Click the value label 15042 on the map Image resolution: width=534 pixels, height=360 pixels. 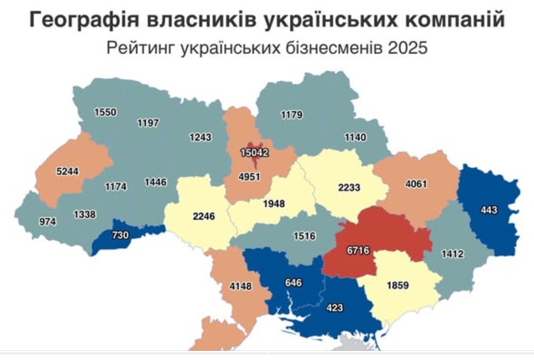pyautogui.click(x=255, y=152)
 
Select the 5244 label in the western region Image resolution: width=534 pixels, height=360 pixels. pyautogui.click(x=66, y=172)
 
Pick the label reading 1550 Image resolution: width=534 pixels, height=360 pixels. pyautogui.click(x=105, y=112)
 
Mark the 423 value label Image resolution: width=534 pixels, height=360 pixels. pyautogui.click(x=335, y=308)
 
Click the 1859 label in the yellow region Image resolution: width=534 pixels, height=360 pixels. pyautogui.click(x=397, y=286)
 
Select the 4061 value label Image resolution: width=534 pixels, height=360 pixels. pyautogui.click(x=416, y=183)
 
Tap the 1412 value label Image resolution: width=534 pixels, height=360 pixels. pyautogui.click(x=451, y=252)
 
